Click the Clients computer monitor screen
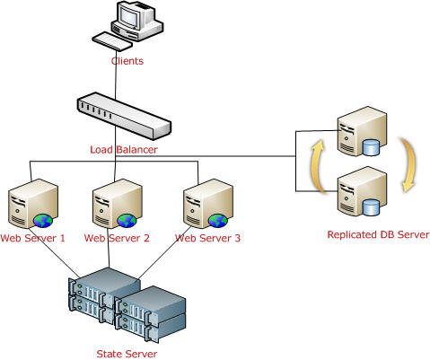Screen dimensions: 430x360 (x=129, y=15)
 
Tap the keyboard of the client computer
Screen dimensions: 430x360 (x=112, y=41)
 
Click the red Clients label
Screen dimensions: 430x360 (x=127, y=61)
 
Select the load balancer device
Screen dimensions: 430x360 (x=124, y=116)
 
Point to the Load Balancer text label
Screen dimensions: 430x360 (x=124, y=150)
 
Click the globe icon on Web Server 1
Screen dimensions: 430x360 (x=43, y=221)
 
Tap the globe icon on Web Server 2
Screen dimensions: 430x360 (x=127, y=221)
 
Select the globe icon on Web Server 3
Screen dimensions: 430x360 (x=218, y=221)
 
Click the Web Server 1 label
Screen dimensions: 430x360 (x=32, y=238)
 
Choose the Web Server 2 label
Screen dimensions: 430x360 (x=117, y=238)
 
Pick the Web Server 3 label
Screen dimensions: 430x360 (x=207, y=238)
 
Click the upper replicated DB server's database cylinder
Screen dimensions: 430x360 (x=371, y=148)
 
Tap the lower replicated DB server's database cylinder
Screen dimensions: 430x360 (x=371, y=207)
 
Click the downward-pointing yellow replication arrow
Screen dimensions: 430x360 (x=410, y=165)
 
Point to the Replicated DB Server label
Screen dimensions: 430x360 (x=379, y=234)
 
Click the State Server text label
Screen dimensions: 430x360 (x=127, y=354)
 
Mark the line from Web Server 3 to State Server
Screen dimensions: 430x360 (x=165, y=252)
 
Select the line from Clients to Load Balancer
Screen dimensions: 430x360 (x=116, y=75)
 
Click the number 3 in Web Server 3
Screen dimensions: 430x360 (x=237, y=238)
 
